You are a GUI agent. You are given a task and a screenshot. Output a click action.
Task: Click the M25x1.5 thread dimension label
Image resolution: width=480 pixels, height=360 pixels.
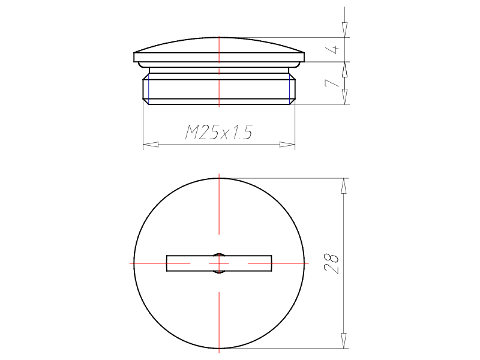(x=219, y=132)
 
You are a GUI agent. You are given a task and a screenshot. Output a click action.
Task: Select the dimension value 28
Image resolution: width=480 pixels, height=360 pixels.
(x=332, y=263)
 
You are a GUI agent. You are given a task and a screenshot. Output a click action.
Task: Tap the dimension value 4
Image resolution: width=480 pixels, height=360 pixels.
(x=335, y=49)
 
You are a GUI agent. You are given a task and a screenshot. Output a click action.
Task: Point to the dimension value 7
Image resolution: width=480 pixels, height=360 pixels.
(x=332, y=83)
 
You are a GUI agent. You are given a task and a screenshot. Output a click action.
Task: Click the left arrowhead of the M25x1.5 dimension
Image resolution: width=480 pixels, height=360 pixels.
(x=151, y=144)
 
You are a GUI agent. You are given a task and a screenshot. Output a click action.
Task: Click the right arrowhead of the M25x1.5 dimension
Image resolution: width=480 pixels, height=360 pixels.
(x=287, y=144)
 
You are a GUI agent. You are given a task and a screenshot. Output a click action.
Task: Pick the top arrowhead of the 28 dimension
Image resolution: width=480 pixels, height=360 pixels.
(x=344, y=186)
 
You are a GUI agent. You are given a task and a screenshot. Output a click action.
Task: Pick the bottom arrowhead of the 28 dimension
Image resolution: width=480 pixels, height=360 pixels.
(x=344, y=340)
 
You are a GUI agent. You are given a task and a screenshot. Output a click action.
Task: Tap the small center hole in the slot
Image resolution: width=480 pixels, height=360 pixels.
(x=219, y=263)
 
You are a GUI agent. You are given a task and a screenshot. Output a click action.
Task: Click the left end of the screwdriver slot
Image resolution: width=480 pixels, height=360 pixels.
(x=167, y=263)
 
